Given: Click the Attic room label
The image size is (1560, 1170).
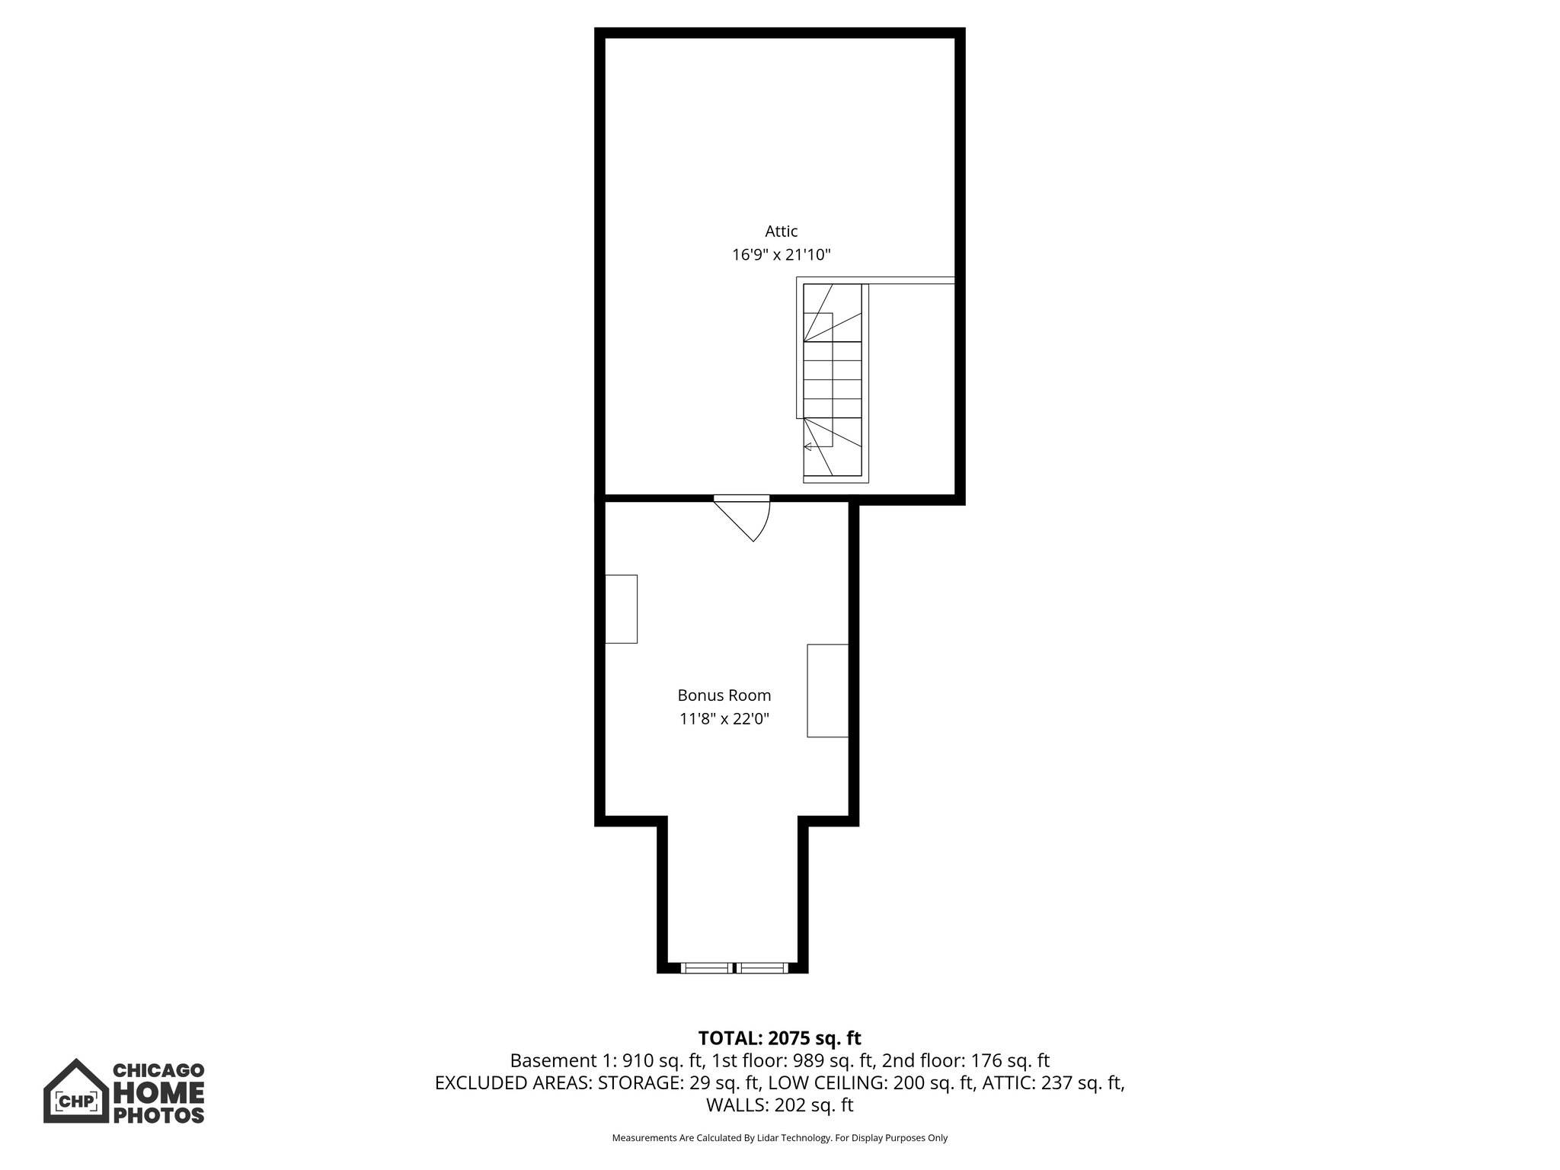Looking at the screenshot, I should [x=781, y=232].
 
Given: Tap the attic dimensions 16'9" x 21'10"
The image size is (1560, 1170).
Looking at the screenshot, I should [x=781, y=255].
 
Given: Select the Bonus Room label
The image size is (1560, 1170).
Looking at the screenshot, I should [x=724, y=695].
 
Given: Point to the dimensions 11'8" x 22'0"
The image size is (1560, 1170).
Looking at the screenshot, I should [x=724, y=718].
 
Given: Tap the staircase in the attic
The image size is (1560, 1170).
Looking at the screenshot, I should [x=833, y=381].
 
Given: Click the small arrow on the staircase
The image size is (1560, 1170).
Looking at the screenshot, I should [x=808, y=446].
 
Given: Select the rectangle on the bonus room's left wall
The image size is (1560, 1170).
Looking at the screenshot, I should [x=621, y=609].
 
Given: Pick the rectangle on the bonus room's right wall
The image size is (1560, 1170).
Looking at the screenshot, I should [x=827, y=690].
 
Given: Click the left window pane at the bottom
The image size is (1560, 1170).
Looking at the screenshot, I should [x=705, y=968].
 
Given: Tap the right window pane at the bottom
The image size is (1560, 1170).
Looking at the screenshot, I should [x=762, y=968].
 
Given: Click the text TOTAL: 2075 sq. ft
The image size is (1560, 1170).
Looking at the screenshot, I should [x=779, y=1038].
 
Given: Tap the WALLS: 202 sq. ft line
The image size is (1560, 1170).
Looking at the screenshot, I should [x=779, y=1105].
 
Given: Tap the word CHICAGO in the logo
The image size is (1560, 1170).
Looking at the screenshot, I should [x=158, y=1071].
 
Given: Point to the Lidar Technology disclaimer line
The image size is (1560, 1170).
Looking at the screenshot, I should [x=779, y=1138].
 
